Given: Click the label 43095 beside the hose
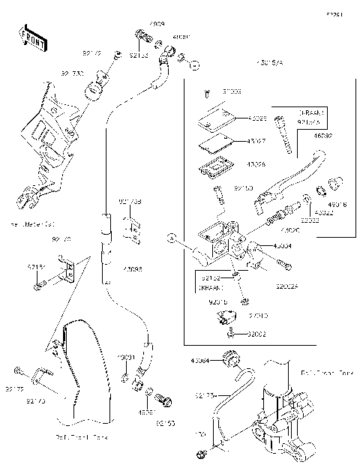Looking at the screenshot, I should tap(132, 269).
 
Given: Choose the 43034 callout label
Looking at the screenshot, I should tap(282, 245).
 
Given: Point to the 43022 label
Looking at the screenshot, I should tap(324, 212).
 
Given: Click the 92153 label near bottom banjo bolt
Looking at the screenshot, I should tap(166, 422).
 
